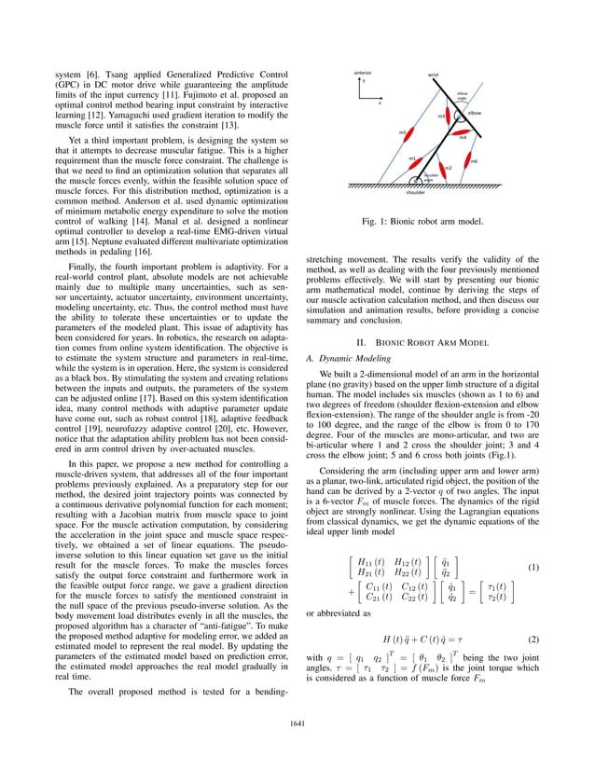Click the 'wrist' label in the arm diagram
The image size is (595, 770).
[433, 74]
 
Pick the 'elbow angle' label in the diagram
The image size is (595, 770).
[462, 97]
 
